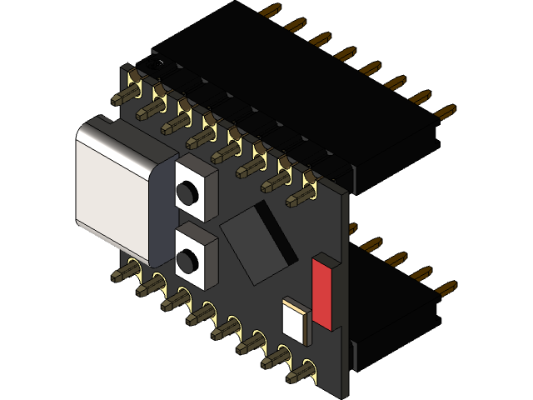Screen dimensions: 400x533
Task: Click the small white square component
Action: pos(295,317)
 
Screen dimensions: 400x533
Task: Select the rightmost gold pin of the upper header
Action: pos(446,111)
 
